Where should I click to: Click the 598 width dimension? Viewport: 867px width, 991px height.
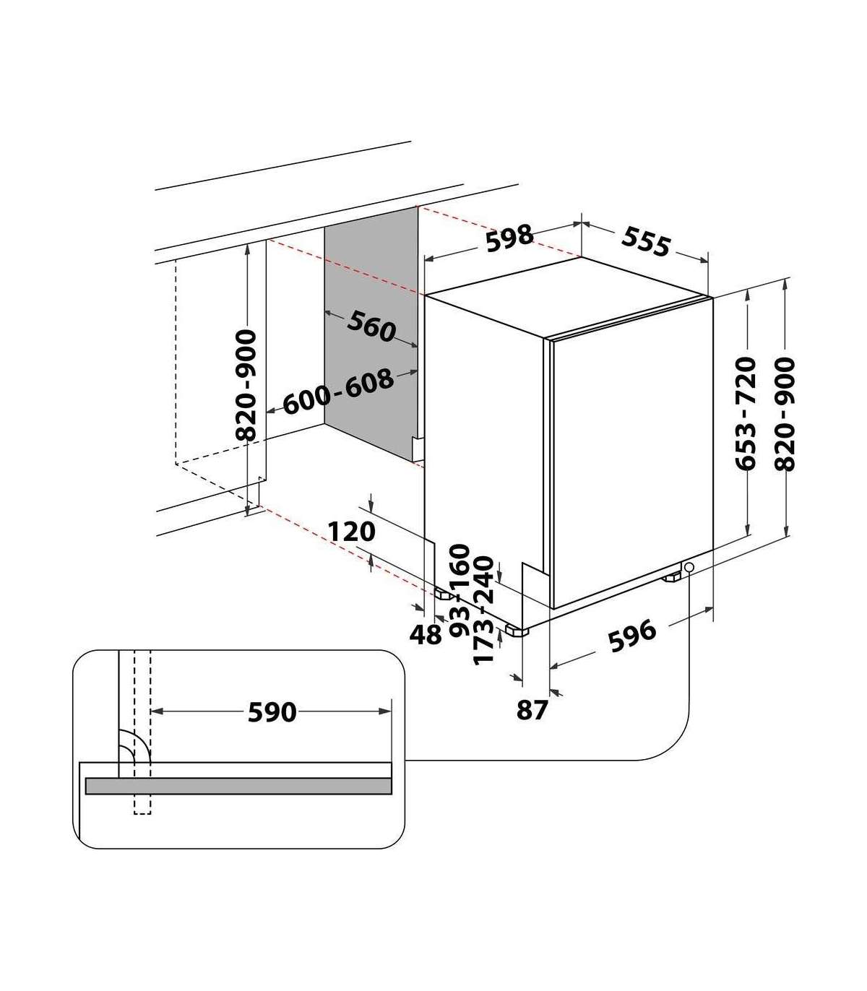pyautogui.click(x=509, y=238)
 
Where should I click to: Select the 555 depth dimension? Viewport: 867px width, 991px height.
pyautogui.click(x=646, y=241)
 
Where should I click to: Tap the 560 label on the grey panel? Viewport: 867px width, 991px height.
pyautogui.click(x=371, y=326)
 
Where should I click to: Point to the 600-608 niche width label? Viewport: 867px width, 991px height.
pyautogui.click(x=338, y=391)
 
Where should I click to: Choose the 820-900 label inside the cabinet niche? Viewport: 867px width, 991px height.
pyautogui.click(x=246, y=385)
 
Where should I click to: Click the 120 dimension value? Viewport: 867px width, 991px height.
pyautogui.click(x=352, y=532)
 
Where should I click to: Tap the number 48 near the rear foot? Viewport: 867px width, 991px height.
pyautogui.click(x=426, y=634)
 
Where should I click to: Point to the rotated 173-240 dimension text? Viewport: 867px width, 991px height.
pyautogui.click(x=483, y=610)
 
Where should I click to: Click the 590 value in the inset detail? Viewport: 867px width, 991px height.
pyautogui.click(x=272, y=712)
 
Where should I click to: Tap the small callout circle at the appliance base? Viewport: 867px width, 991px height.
pyautogui.click(x=689, y=567)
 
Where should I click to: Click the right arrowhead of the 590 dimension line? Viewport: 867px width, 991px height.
pyautogui.click(x=385, y=711)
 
